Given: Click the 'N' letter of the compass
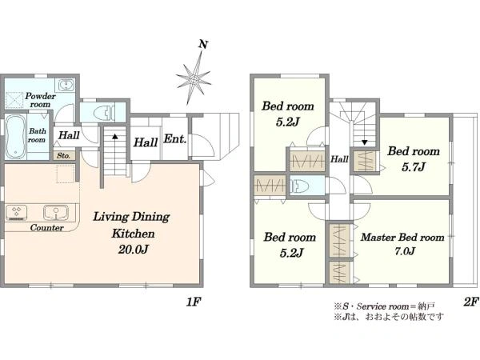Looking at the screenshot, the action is pos(202,45).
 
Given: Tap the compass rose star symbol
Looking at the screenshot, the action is pos(194,78).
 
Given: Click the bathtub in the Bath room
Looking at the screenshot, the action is pos(15,137).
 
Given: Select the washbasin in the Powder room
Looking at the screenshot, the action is pos(65,85).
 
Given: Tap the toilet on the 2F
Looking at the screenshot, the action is pos(298,186).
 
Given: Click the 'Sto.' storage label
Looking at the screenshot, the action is pos(63,156).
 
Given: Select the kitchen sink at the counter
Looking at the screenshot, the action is pos(56,213).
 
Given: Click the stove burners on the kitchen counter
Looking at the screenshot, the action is pos(16,213).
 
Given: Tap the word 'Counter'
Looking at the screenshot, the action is pos(47,228).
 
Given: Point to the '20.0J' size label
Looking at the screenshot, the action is pos(134,250).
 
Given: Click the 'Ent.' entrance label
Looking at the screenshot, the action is pos(174,139).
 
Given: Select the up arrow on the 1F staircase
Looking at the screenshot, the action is pos(114,136).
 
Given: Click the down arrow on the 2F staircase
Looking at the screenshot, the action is pos(364,142).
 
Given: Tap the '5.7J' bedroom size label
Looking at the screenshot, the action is pos(414,167).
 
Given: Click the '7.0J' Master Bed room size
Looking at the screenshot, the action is pos(404,251).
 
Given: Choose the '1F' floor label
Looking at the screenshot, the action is pos(193,302).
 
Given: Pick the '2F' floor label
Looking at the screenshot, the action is pos(470,302).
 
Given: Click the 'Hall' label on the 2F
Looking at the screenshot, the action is pos(339,159).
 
